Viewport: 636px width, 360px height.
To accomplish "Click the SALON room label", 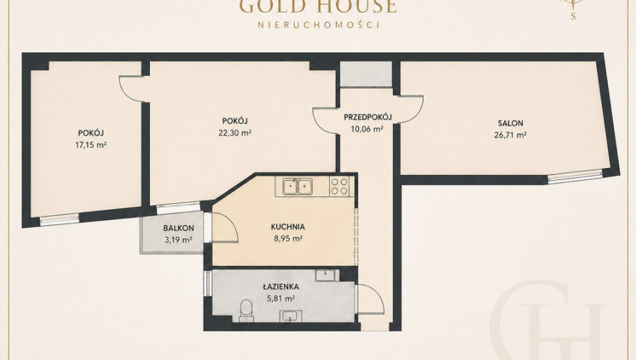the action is [510, 123].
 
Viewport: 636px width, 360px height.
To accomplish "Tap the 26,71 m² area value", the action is [510, 135].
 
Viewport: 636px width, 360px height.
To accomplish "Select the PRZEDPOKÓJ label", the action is [367, 117].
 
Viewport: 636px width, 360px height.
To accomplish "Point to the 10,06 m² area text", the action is [367, 129].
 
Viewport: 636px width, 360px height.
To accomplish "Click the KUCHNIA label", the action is [287, 227].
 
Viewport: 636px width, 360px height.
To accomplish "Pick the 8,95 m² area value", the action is [287, 238].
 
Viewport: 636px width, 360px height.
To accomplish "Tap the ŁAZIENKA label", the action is [280, 286].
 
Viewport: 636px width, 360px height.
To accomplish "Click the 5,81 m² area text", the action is [280, 298].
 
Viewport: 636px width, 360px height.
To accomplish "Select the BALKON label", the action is [178, 228].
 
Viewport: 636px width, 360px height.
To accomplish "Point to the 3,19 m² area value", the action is [178, 240].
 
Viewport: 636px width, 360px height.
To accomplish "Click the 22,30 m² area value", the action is [235, 132].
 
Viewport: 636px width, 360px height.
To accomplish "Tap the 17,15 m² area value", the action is [91, 144].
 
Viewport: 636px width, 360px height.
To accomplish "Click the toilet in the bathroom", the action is [246, 311].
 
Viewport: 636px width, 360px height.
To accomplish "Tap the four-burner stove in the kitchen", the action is [340, 187].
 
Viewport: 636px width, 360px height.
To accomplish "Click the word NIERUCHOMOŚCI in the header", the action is [319, 25].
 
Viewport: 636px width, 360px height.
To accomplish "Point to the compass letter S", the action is [573, 16].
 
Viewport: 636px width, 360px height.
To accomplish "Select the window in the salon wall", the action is [575, 178].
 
